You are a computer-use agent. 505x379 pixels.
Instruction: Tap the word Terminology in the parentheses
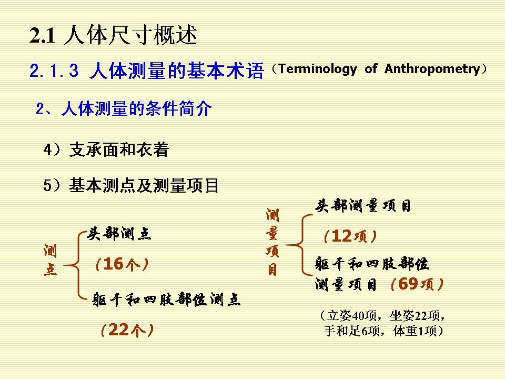(x=318, y=69)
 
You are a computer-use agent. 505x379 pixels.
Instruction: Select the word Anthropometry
(x=432, y=69)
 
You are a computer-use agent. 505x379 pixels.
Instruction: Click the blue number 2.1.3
(x=54, y=70)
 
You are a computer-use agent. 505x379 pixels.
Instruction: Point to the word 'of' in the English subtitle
(x=371, y=68)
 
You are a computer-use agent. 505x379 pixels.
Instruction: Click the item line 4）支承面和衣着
(x=106, y=149)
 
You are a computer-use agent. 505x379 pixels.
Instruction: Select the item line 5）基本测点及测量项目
(x=131, y=185)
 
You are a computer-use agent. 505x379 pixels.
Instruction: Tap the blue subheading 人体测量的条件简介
(x=136, y=108)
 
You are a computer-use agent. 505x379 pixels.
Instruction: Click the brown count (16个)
(x=122, y=264)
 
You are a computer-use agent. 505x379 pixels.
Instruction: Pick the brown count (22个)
(x=127, y=330)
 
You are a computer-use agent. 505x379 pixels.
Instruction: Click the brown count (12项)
(x=350, y=236)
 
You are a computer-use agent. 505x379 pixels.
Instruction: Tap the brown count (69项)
(x=417, y=284)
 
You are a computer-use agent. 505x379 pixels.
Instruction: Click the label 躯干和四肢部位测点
(x=166, y=300)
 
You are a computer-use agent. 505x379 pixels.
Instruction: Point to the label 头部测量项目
(x=362, y=206)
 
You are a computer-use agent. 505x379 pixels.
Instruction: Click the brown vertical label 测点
(x=50, y=260)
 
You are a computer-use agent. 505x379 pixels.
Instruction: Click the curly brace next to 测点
(x=75, y=265)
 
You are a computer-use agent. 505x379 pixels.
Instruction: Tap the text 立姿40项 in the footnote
(x=351, y=315)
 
